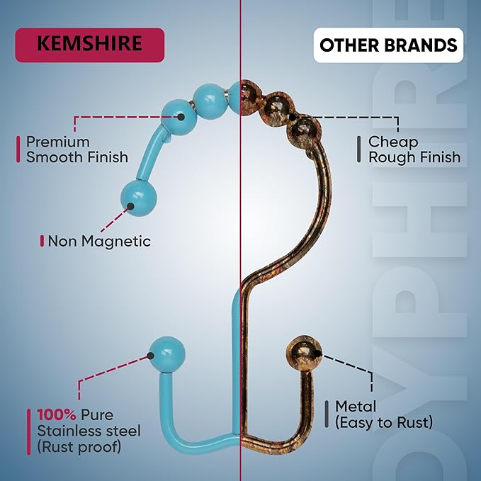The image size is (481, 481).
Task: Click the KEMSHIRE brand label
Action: pos(89,45)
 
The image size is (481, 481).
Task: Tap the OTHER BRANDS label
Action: pos(388,45)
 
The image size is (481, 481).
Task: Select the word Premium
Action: pos(58,142)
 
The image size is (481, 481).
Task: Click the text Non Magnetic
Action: pos(99,241)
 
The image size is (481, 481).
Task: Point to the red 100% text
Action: pos(57,414)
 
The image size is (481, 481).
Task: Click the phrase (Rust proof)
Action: pos(79,446)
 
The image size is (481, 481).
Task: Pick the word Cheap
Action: pos(393,142)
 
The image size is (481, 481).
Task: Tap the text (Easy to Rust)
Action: pos(384,422)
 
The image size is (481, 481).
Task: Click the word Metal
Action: pos(356,407)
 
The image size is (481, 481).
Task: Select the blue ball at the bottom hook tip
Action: pos(167,354)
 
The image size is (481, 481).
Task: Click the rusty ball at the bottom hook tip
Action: pos(304,353)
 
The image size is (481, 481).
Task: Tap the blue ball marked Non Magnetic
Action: pos(139,198)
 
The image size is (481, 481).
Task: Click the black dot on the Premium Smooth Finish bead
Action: pos(181,117)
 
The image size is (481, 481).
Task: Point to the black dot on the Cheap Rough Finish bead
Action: pos(293,117)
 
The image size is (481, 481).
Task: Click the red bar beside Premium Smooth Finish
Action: pos(18,149)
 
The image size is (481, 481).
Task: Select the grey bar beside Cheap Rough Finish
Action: pos(359,149)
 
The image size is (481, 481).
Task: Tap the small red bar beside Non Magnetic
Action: pos(42,241)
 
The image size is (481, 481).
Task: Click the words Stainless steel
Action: pos(89,431)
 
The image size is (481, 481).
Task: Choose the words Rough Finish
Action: pos(414,157)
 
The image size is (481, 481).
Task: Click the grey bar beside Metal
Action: pos(327,414)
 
